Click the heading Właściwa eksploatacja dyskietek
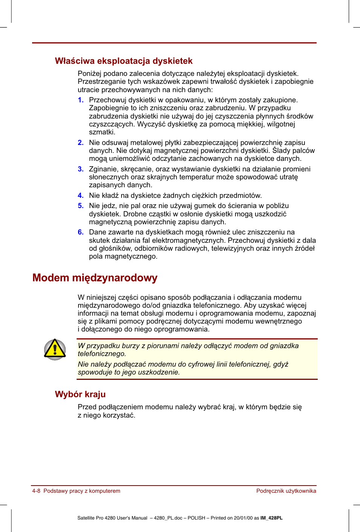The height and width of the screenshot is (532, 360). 123,61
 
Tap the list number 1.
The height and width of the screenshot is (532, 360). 80,100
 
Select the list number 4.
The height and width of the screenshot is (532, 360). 80,196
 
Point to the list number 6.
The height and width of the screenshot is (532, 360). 80,232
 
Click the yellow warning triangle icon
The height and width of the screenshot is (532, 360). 55,349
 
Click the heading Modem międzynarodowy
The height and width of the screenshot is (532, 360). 95,278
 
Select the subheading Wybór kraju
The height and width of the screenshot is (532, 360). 80,394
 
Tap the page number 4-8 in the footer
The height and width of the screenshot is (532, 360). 36,491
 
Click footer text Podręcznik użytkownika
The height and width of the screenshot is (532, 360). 286,491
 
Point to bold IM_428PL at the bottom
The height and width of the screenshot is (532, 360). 271,518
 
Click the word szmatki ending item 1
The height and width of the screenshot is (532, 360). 102,132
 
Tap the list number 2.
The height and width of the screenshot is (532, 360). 80,143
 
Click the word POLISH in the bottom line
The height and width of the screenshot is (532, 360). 197,518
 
